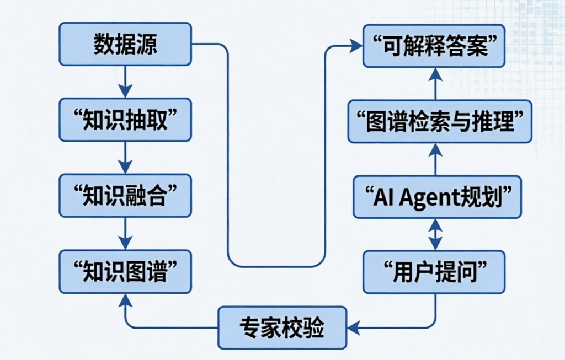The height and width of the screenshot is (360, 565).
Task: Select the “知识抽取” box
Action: click(x=125, y=120)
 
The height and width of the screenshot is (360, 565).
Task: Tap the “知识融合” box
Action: click(x=125, y=196)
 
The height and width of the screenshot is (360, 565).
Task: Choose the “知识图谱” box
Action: click(x=125, y=272)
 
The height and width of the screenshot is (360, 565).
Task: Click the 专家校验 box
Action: click(x=282, y=327)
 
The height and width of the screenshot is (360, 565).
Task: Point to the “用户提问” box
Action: click(x=434, y=272)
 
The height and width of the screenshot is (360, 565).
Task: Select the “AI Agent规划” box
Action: click(x=436, y=197)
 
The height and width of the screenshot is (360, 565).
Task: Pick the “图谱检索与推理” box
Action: click(x=440, y=121)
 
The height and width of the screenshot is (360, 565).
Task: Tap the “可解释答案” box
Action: click(x=434, y=46)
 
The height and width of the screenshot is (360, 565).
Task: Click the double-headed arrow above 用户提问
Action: click(x=435, y=234)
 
